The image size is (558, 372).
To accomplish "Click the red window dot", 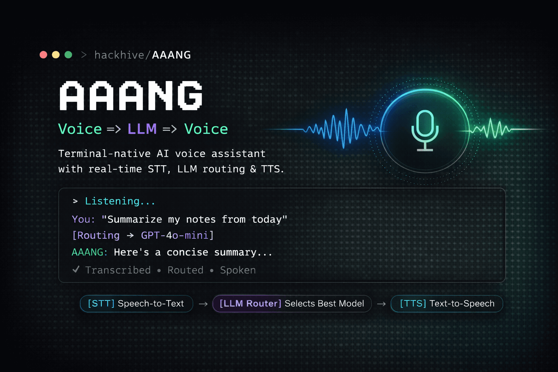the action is [x=43, y=54].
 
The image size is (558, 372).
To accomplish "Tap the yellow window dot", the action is [x=56, y=54].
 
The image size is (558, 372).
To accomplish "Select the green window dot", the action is [x=68, y=54].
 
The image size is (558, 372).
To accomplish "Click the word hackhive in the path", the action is [x=119, y=55].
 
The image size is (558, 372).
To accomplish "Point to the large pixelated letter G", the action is [x=191, y=96].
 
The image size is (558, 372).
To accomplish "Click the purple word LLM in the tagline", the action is [x=142, y=129].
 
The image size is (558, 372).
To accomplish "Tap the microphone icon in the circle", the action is [x=425, y=130].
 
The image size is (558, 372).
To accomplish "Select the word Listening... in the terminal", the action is [x=120, y=201].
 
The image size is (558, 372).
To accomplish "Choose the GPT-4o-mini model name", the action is [x=175, y=235].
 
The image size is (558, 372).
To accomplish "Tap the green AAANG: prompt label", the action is [x=90, y=252].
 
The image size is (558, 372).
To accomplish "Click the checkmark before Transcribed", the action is [x=76, y=269].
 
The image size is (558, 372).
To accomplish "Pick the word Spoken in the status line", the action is [x=238, y=270].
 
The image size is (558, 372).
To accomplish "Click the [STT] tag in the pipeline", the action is [x=101, y=303].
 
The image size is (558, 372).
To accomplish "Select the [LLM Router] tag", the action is [x=250, y=303].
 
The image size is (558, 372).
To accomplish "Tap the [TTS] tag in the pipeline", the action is [x=413, y=303].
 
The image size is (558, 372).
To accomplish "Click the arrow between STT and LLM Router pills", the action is [x=203, y=304].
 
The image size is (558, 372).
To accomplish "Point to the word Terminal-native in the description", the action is [x=104, y=153].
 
